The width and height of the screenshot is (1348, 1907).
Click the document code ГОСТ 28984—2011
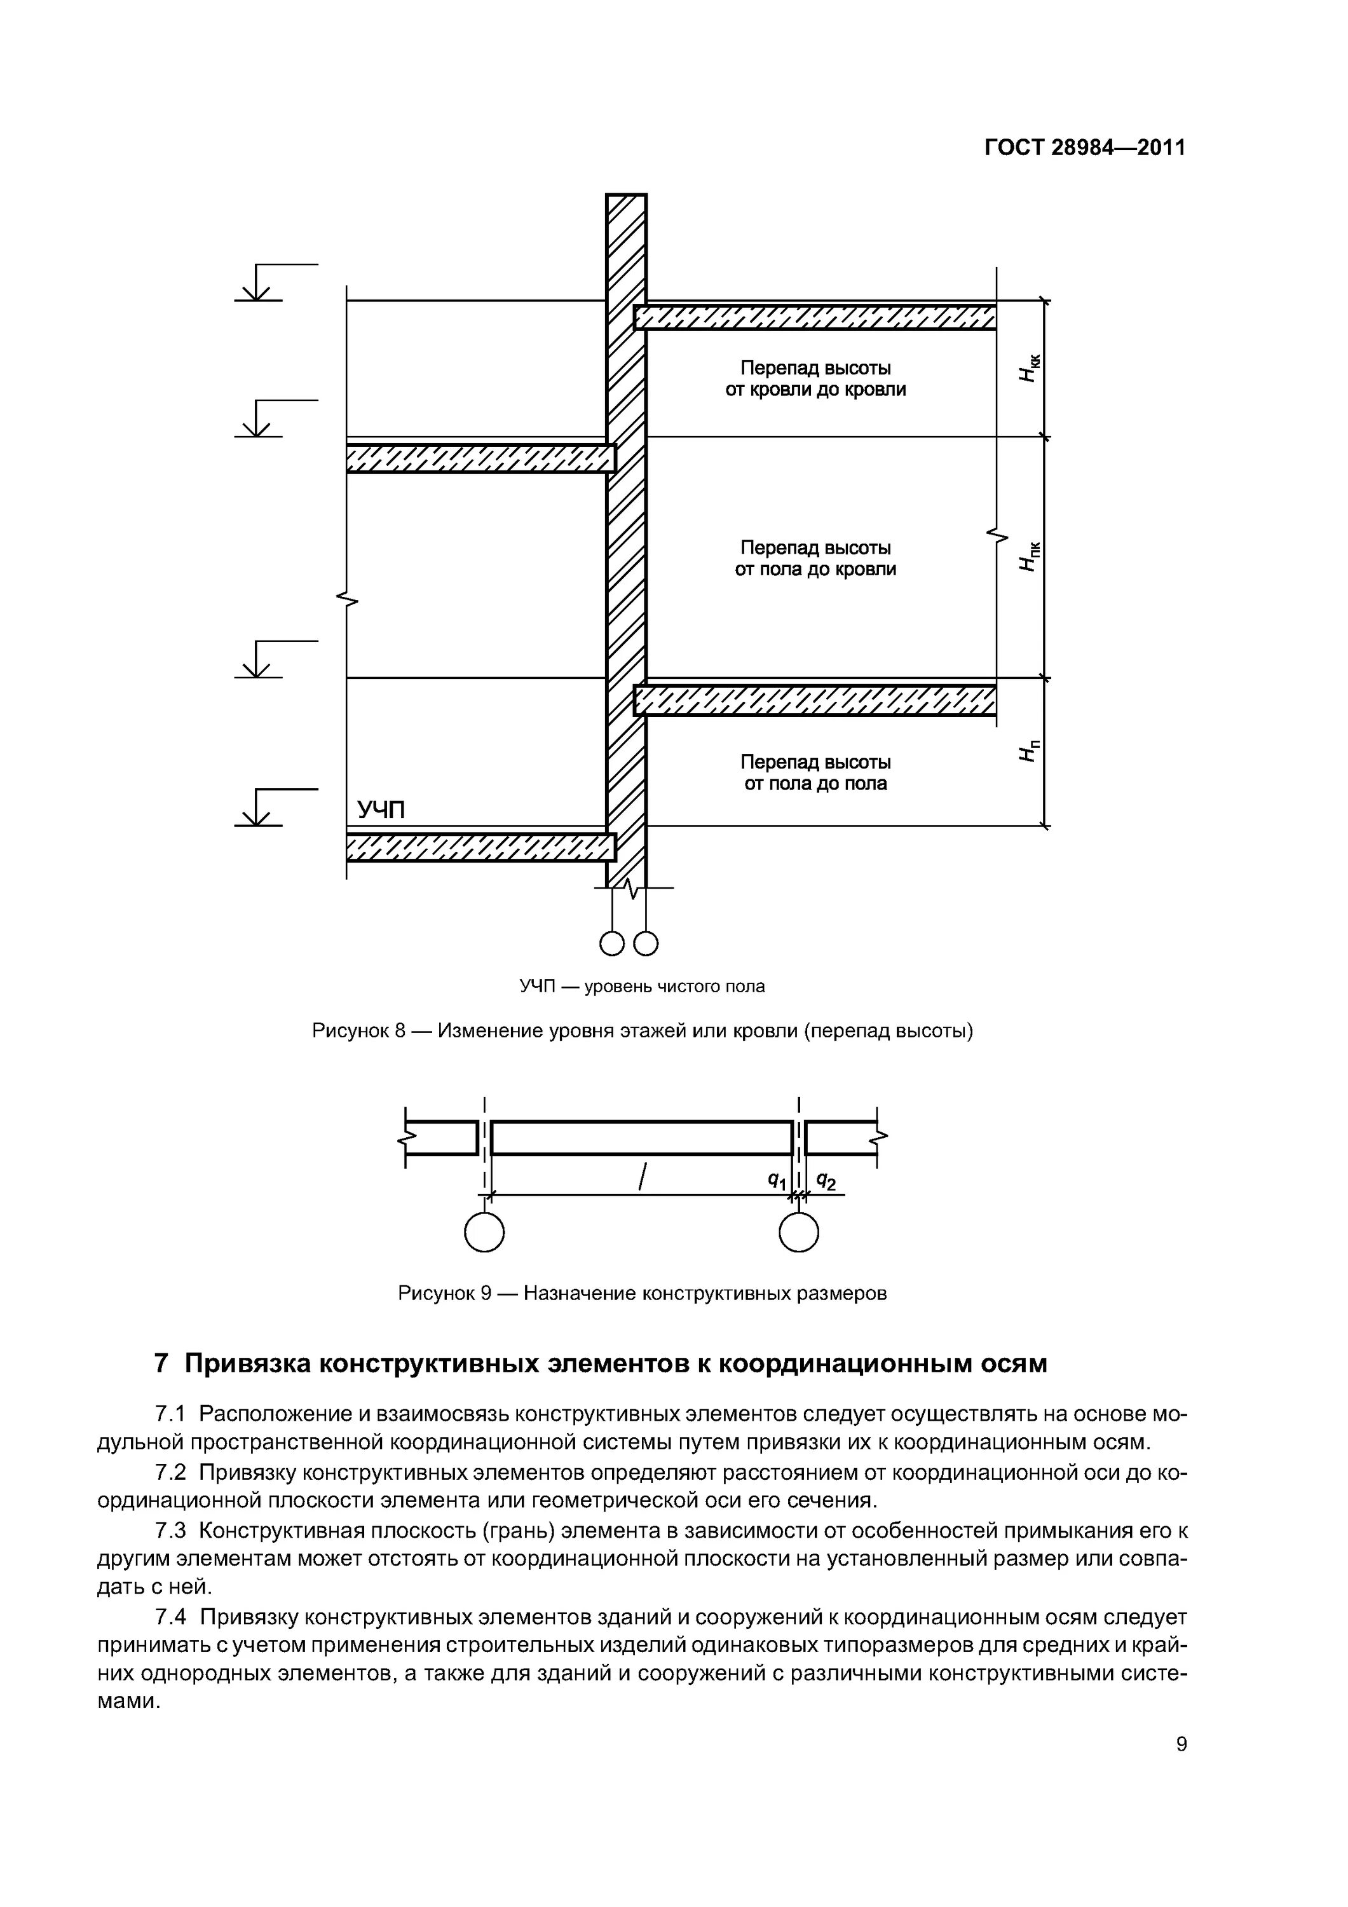(x=1085, y=148)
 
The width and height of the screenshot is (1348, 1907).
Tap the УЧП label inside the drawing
(x=381, y=809)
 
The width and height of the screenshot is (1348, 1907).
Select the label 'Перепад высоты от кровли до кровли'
(x=815, y=379)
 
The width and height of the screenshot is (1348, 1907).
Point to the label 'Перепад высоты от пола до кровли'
(x=815, y=558)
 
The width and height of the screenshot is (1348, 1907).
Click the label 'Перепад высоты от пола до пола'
(x=815, y=772)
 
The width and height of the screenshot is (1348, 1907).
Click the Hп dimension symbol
(x=1028, y=750)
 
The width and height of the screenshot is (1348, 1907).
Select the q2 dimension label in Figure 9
(x=826, y=1180)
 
